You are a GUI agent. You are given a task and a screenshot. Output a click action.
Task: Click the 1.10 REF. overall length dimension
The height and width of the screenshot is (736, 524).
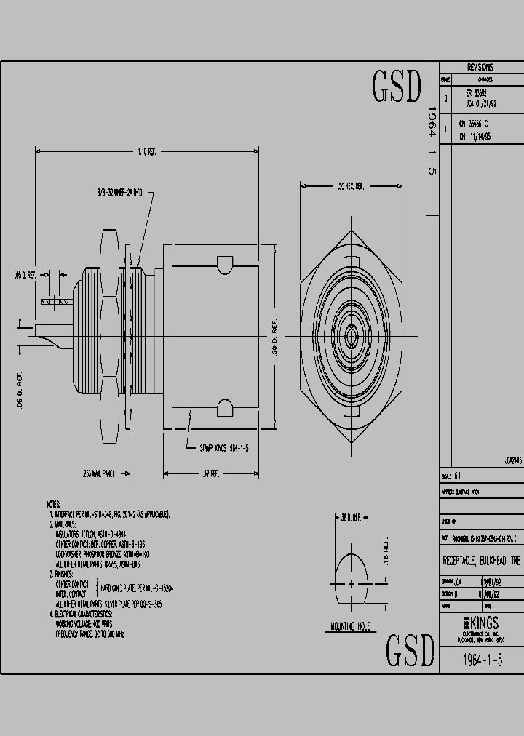[146, 151]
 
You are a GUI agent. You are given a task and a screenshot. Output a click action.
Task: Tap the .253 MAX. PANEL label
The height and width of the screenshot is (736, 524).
[99, 473]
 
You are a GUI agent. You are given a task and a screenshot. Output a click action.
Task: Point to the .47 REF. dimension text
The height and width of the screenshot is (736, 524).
[211, 473]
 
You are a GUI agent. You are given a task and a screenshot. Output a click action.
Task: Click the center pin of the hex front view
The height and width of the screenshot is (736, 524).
[352, 336]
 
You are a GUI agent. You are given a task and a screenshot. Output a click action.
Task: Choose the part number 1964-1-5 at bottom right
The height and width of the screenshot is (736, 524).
[482, 660]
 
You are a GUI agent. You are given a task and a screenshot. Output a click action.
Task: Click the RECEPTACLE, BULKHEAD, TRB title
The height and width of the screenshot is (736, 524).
[482, 561]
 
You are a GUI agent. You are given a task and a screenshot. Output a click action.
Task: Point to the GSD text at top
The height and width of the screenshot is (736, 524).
[397, 87]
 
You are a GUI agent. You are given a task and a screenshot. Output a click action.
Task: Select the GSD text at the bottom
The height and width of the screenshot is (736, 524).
[410, 651]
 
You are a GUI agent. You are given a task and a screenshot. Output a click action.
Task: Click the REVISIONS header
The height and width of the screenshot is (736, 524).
[480, 65]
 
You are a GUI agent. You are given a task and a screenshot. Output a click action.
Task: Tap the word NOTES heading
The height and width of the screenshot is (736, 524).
[53, 504]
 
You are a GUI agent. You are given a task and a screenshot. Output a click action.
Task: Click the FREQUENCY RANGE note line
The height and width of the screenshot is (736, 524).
[90, 634]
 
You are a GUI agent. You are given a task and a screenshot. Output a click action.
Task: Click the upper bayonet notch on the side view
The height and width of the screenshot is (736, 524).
[224, 263]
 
